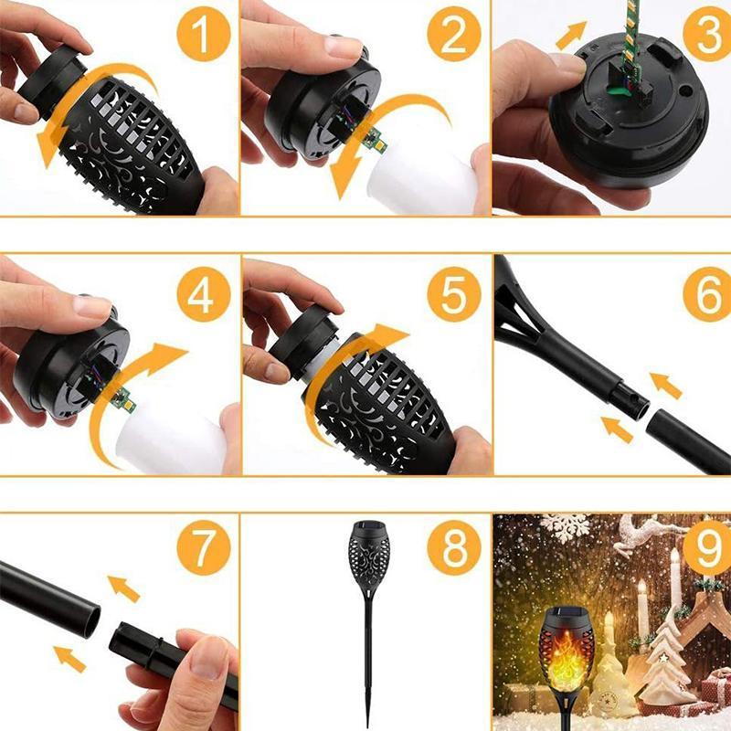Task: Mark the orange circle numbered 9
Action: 705,549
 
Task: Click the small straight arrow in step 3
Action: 570,36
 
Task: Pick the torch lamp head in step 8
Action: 368,557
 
